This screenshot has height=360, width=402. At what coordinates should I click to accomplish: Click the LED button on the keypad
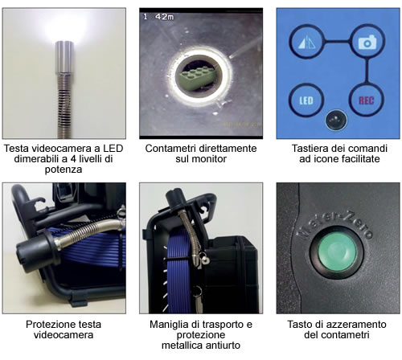coord(306,100)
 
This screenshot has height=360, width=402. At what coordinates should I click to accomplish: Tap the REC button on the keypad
coord(367,100)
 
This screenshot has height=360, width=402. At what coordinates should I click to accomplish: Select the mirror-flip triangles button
coord(306,42)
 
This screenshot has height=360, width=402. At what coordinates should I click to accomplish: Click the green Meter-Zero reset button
coord(338,252)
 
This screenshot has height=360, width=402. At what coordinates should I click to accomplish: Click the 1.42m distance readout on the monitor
coord(158,17)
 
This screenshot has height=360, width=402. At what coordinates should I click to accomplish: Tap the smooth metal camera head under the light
coord(64,57)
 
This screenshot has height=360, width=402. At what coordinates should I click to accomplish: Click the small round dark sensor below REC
coord(336,120)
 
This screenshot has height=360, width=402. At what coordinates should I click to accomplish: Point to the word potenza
coord(64,170)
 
